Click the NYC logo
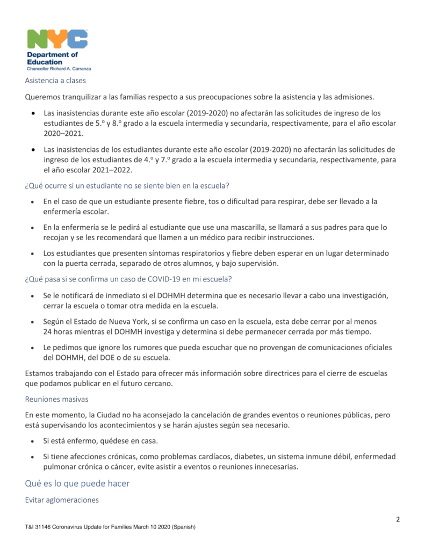[57, 39]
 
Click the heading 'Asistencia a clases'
[55, 81]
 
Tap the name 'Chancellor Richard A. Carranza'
[59, 69]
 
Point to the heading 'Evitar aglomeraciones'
[62, 500]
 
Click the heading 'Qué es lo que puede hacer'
[77, 483]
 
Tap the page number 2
[398, 519]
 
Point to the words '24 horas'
[60, 331]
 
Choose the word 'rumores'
[148, 347]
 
